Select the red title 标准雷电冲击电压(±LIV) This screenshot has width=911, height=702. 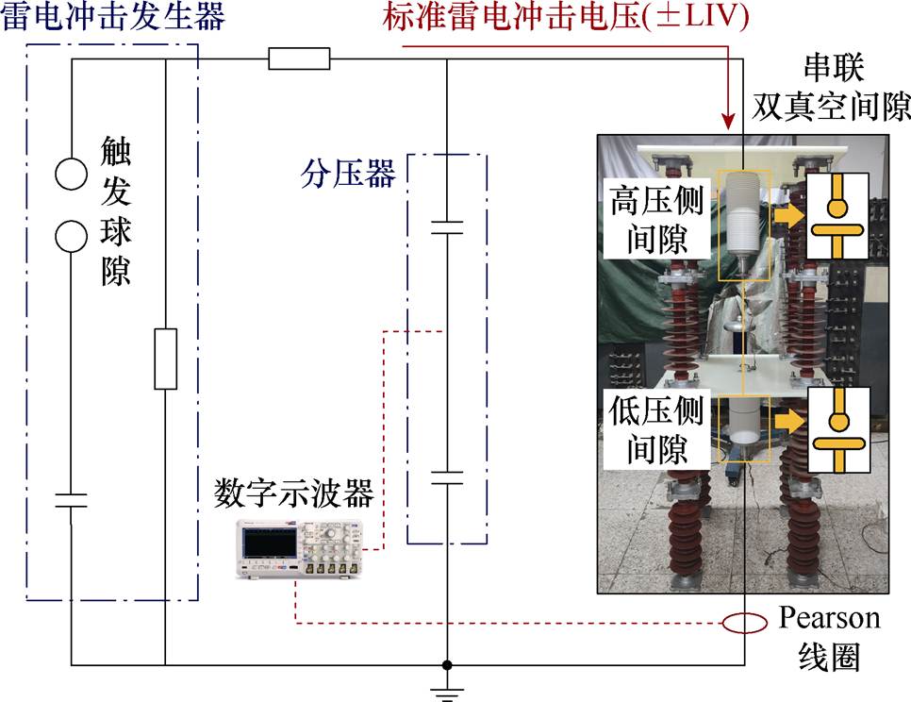(566, 18)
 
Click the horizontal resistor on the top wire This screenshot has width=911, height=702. (299, 59)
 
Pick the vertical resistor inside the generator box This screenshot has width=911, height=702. (165, 359)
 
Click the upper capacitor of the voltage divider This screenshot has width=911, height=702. (447, 226)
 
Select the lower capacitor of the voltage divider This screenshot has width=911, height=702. (447, 476)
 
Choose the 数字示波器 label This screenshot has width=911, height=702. (294, 493)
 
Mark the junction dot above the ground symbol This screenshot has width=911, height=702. (447, 664)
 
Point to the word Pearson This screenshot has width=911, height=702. (829, 618)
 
